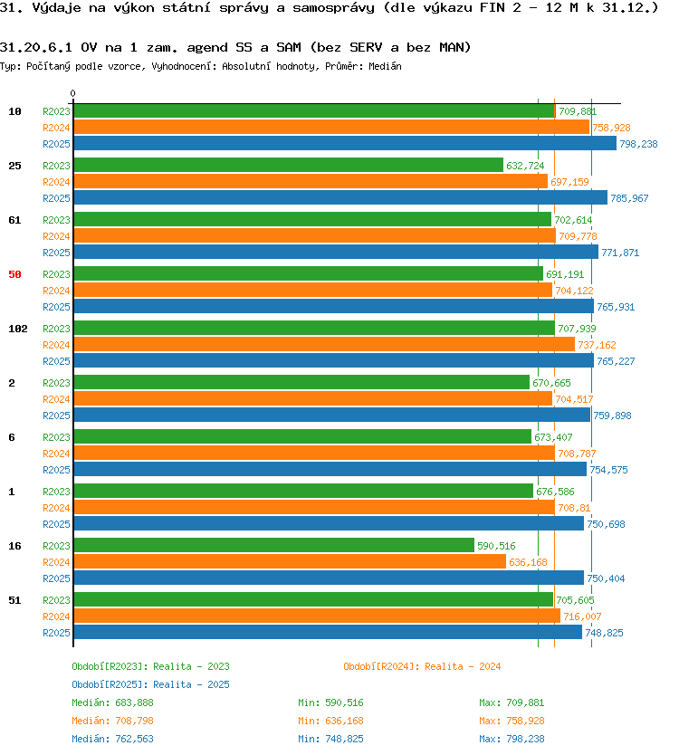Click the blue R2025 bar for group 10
(x=345, y=143)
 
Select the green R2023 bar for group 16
(x=274, y=545)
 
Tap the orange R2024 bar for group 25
(x=311, y=181)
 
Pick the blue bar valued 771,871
(x=336, y=252)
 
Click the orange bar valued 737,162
(x=324, y=344)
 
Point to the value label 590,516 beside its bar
(x=496, y=546)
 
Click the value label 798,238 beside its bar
(x=638, y=144)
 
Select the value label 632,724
(x=525, y=166)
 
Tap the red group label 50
(x=14, y=274)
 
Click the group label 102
(x=18, y=329)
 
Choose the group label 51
(x=14, y=600)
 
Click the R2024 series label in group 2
(x=56, y=399)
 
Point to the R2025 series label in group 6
(x=56, y=470)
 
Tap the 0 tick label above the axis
(x=72, y=93)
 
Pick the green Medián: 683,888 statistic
(x=112, y=702)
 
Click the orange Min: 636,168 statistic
(x=330, y=721)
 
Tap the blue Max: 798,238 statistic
(x=512, y=739)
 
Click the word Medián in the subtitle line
(x=385, y=66)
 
